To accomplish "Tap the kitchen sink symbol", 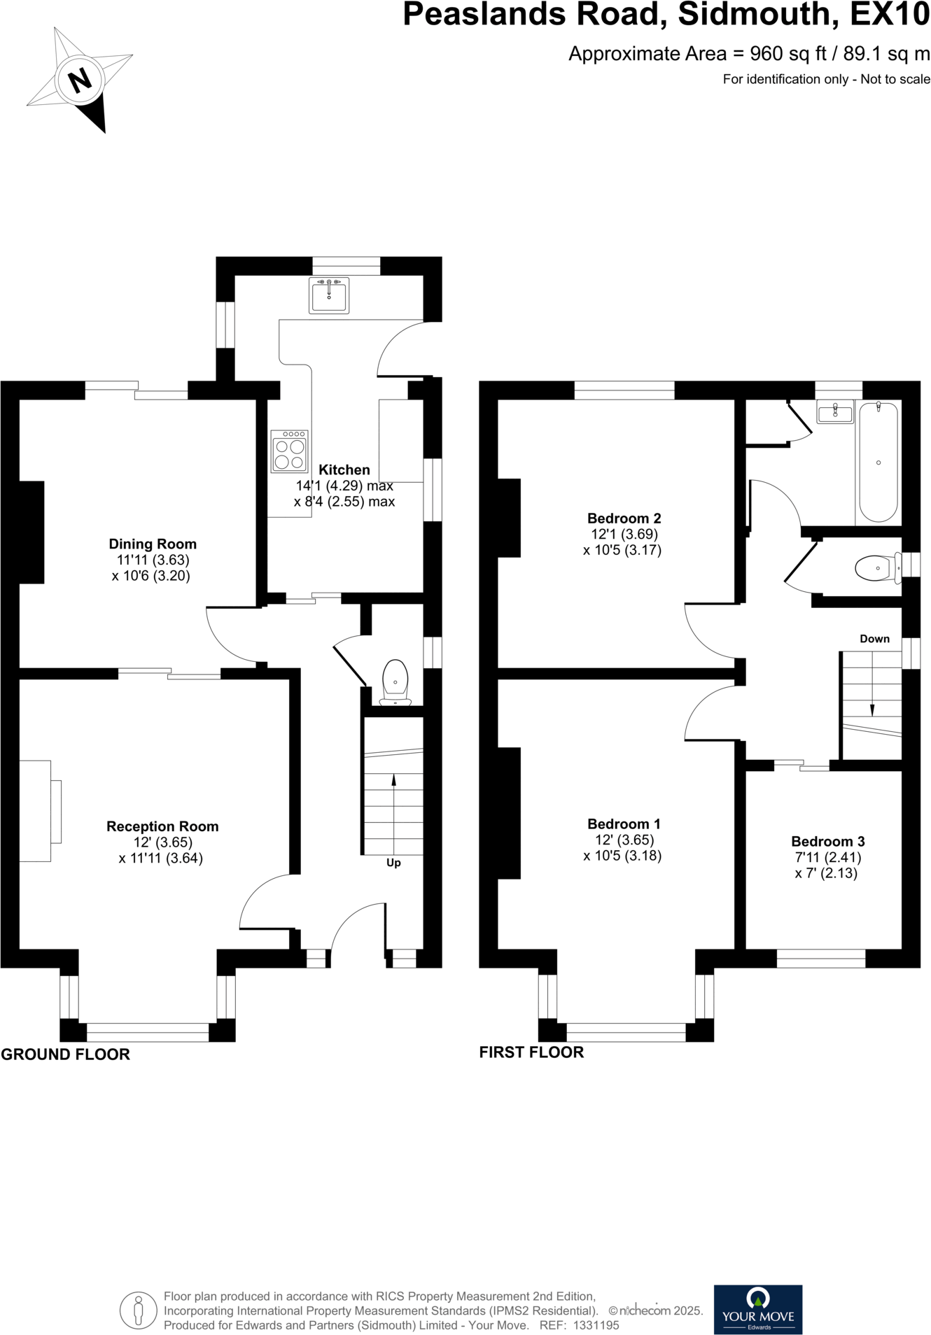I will tap(328, 295).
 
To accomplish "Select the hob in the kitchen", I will tap(290, 451).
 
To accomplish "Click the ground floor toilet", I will tap(395, 679).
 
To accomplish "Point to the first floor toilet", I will tap(876, 567).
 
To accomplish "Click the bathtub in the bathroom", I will tap(878, 462).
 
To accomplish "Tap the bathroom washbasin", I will tap(835, 412).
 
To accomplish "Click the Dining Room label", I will tap(153, 544).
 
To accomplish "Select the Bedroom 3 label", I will tap(828, 841).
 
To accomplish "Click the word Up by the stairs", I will tap(393, 863).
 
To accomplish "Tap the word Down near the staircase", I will tap(874, 639).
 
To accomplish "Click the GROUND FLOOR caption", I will tap(65, 1054).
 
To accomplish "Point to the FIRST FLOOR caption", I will tap(531, 1052).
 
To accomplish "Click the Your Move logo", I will tap(758, 1309).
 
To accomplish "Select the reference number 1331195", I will tap(596, 1325).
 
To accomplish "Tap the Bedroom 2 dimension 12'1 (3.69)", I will tap(624, 534).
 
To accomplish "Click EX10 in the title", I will tap(890, 15).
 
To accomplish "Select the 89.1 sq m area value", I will tap(882, 54).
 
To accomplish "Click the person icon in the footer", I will tap(138, 1311).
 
